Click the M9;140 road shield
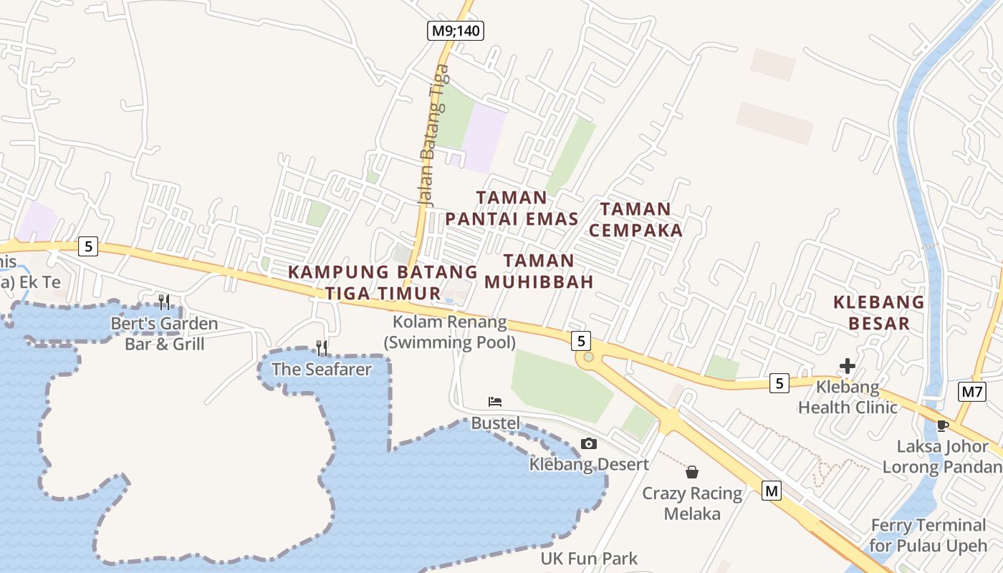tap(456, 30)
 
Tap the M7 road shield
tap(971, 391)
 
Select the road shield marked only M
tap(771, 491)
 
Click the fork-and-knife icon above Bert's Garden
tap(164, 302)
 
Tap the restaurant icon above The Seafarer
tap(322, 348)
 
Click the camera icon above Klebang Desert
tap(589, 443)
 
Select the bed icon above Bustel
tap(494, 402)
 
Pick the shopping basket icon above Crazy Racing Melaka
tap(692, 472)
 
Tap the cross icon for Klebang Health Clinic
tap(848, 366)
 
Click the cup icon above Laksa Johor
tap(943, 426)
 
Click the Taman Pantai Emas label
tap(512, 208)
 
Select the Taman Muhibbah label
tap(539, 271)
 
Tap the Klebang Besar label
tap(878, 312)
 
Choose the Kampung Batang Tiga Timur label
tap(383, 282)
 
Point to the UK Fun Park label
tap(589, 558)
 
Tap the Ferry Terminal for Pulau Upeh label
tap(928, 535)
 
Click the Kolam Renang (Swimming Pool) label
tap(449, 332)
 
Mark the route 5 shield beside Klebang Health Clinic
tap(779, 383)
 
